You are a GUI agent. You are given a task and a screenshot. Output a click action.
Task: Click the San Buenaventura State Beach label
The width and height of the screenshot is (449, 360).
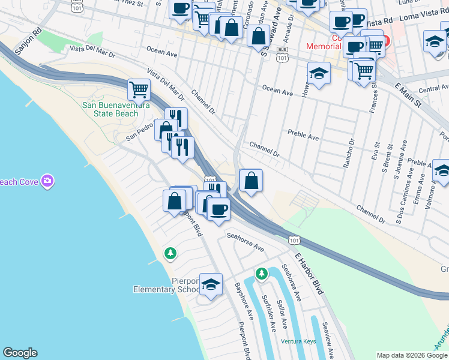(x=115, y=109)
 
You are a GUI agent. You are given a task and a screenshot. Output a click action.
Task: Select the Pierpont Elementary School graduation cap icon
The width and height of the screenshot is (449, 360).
(x=211, y=284)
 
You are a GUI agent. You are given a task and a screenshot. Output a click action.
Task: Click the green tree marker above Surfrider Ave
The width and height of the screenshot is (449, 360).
(x=261, y=274)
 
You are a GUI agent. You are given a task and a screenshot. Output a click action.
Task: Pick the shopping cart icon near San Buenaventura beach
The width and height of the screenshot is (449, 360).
(x=139, y=90)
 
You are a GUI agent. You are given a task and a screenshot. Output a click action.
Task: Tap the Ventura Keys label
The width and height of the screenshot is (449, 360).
(x=298, y=341)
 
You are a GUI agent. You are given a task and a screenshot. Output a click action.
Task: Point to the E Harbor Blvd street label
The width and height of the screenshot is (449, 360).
(x=309, y=272)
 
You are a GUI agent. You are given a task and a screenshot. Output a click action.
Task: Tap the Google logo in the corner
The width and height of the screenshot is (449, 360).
(x=20, y=353)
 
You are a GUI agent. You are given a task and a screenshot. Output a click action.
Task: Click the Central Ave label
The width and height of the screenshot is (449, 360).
(x=433, y=89)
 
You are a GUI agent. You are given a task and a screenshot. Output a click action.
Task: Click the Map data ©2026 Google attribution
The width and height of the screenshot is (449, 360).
(x=412, y=355)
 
